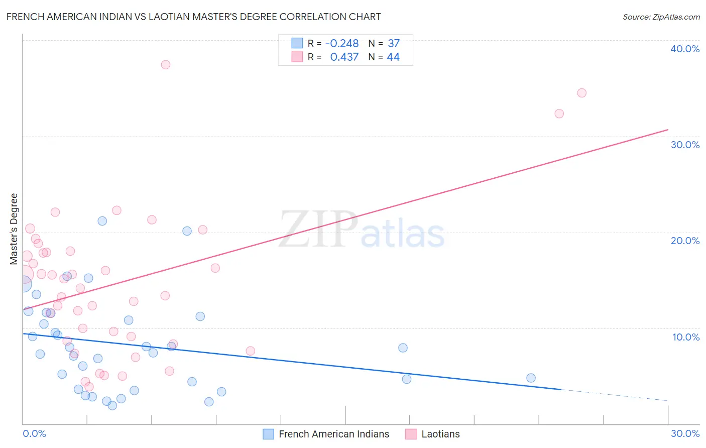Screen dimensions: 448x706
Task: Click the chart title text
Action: coord(193,17)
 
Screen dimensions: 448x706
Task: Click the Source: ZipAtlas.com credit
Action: coord(661,17)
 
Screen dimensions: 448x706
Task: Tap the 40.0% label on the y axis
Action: coord(684,49)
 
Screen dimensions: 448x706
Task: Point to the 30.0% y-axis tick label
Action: coord(684,145)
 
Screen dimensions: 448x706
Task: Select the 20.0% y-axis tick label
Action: coord(684,241)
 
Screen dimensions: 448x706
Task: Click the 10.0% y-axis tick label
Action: coord(685,337)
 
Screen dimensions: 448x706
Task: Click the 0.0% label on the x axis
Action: coord(34,433)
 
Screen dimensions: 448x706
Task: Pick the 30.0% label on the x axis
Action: coord(684,433)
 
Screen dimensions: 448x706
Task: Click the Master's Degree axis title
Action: coord(14,229)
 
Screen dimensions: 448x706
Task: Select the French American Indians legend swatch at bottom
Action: coord(269,434)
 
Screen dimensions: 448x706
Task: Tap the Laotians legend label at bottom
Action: coord(440,434)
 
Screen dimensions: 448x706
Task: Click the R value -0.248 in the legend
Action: coord(342,44)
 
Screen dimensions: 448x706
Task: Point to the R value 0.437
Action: coord(344,57)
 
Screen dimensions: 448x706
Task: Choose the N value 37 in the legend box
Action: coord(394,44)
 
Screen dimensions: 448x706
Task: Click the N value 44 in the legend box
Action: coord(393,57)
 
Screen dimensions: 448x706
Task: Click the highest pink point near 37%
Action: coord(166,65)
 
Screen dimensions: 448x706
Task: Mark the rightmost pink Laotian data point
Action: coord(581,93)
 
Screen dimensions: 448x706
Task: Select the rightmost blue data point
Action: coord(531,378)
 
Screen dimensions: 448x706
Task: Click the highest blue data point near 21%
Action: coord(102,221)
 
